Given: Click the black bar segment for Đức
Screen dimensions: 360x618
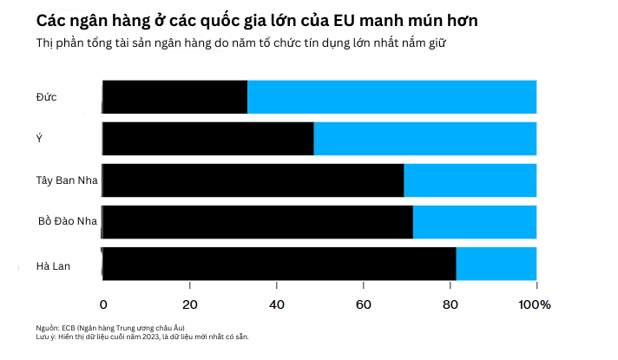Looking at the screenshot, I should [x=174, y=96].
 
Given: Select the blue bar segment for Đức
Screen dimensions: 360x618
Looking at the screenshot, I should [x=391, y=96].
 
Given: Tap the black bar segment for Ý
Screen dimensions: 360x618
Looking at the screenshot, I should [x=207, y=139].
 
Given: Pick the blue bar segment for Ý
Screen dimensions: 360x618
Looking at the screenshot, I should [x=424, y=139].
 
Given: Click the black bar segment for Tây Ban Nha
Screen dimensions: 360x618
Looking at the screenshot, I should [x=253, y=180].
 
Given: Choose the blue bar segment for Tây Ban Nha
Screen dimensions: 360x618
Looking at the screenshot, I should [x=470, y=180].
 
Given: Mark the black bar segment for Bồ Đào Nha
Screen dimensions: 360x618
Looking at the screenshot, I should [x=257, y=222].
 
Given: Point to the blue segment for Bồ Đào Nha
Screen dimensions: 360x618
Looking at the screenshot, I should [x=474, y=222].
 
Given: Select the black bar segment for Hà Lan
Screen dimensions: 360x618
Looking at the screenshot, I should [x=279, y=264].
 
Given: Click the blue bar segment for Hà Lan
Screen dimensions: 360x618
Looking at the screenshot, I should [x=496, y=264].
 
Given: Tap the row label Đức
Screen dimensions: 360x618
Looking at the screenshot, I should [x=47, y=96].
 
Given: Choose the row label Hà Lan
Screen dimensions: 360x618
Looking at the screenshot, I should [x=53, y=265].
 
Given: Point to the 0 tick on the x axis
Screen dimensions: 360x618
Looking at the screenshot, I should [x=103, y=304].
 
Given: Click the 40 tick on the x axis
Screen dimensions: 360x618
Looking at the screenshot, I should [x=276, y=304].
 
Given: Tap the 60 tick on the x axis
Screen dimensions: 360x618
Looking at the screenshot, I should [x=363, y=304].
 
